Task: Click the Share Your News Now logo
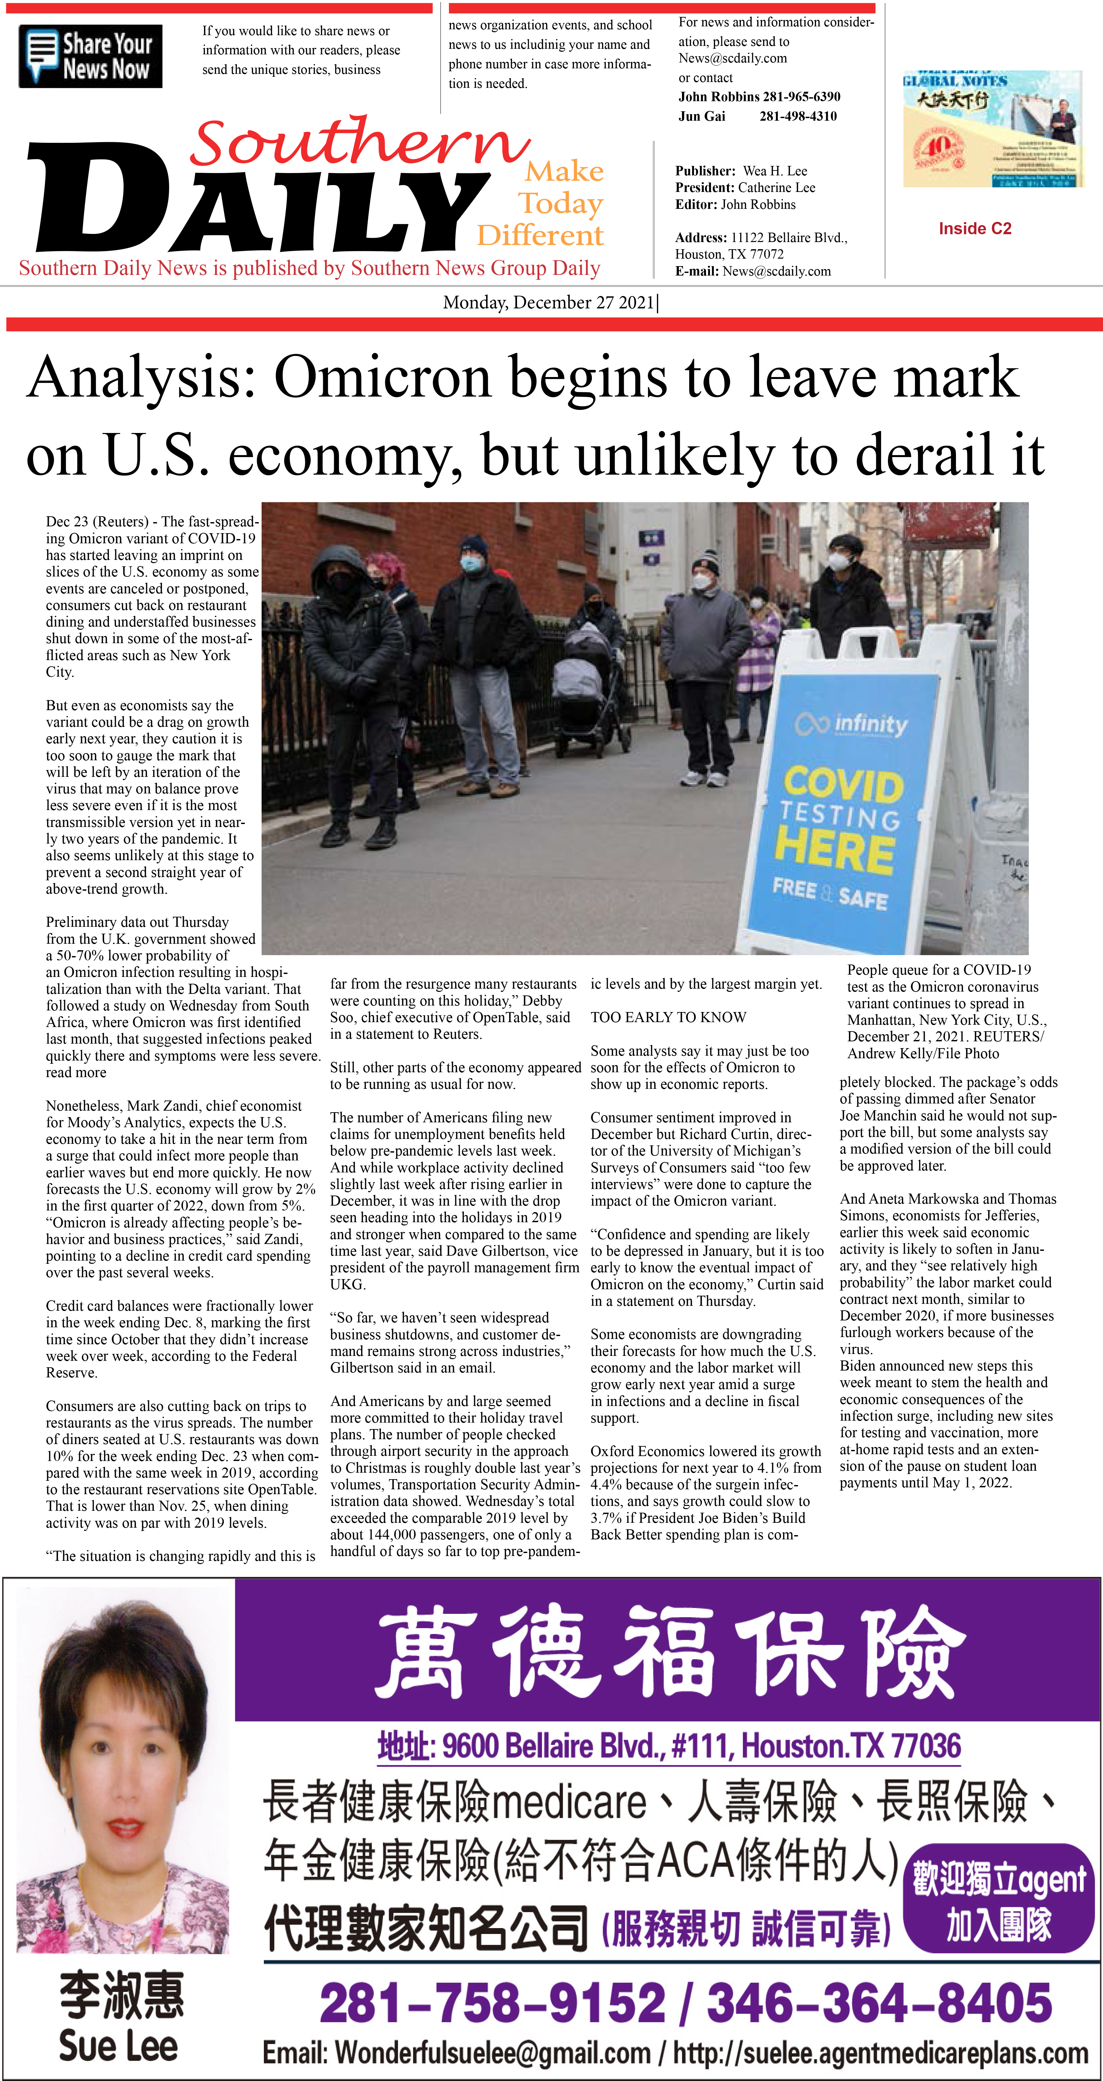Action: pos(90,57)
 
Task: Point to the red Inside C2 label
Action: pos(974,229)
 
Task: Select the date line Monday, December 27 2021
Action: pos(550,303)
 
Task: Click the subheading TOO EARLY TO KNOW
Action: pos(668,1017)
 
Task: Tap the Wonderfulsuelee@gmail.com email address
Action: pos(493,2053)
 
